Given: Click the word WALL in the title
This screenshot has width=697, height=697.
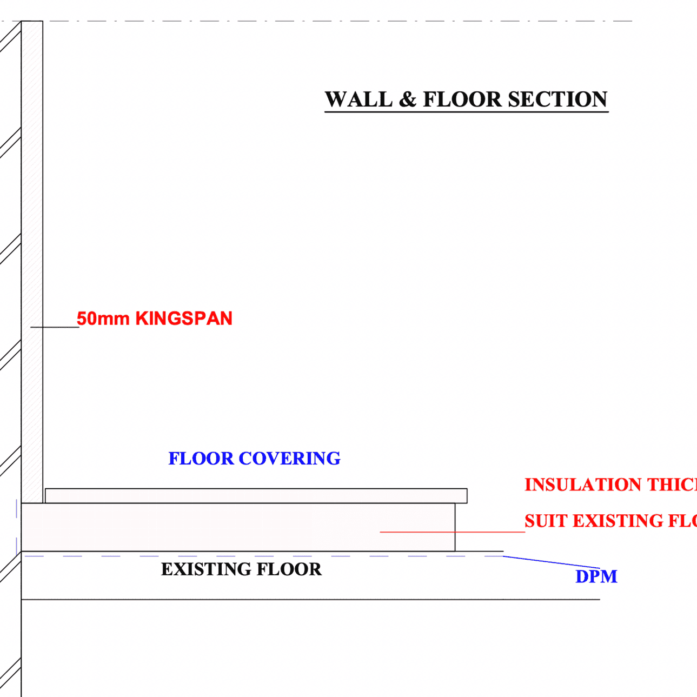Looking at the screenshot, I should pos(359,99).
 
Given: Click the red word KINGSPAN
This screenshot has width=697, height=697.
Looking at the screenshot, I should pos(184,318).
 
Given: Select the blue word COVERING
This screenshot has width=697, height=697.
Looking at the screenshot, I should pos(289,459).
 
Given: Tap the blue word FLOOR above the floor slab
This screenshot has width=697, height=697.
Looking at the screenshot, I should pos(201,459).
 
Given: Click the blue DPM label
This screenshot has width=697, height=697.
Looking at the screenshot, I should pos(596,576).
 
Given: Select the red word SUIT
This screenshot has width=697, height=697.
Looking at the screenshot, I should pos(546,521).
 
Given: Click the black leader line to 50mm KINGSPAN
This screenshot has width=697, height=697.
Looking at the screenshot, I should pos(55,327).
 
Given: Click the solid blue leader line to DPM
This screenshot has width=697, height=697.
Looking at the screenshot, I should pos(552,562).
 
